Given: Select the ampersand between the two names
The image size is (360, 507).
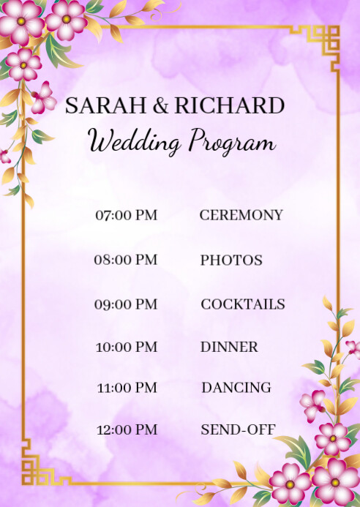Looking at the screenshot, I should click(160, 105).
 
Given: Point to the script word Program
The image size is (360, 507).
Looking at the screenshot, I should click(231, 141).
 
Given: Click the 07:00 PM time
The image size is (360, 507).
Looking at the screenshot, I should click(126, 215).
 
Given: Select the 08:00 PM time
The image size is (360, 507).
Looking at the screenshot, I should click(126, 260).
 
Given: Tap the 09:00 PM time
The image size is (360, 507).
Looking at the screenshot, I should click(126, 304).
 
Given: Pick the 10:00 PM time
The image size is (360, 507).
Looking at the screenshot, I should click(126, 347).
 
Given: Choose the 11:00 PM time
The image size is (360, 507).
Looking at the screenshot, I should click(126, 388).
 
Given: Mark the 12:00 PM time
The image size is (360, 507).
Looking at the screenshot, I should click(126, 430).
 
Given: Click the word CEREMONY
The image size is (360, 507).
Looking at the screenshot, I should click(241, 215).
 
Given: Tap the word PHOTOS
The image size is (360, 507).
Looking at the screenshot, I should click(231, 260).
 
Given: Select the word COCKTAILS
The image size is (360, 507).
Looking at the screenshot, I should click(243, 304).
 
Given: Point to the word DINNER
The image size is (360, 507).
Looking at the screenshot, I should click(229, 347).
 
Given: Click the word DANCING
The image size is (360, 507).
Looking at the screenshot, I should click(236, 388).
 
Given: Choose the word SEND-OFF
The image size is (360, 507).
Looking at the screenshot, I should click(238, 430).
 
